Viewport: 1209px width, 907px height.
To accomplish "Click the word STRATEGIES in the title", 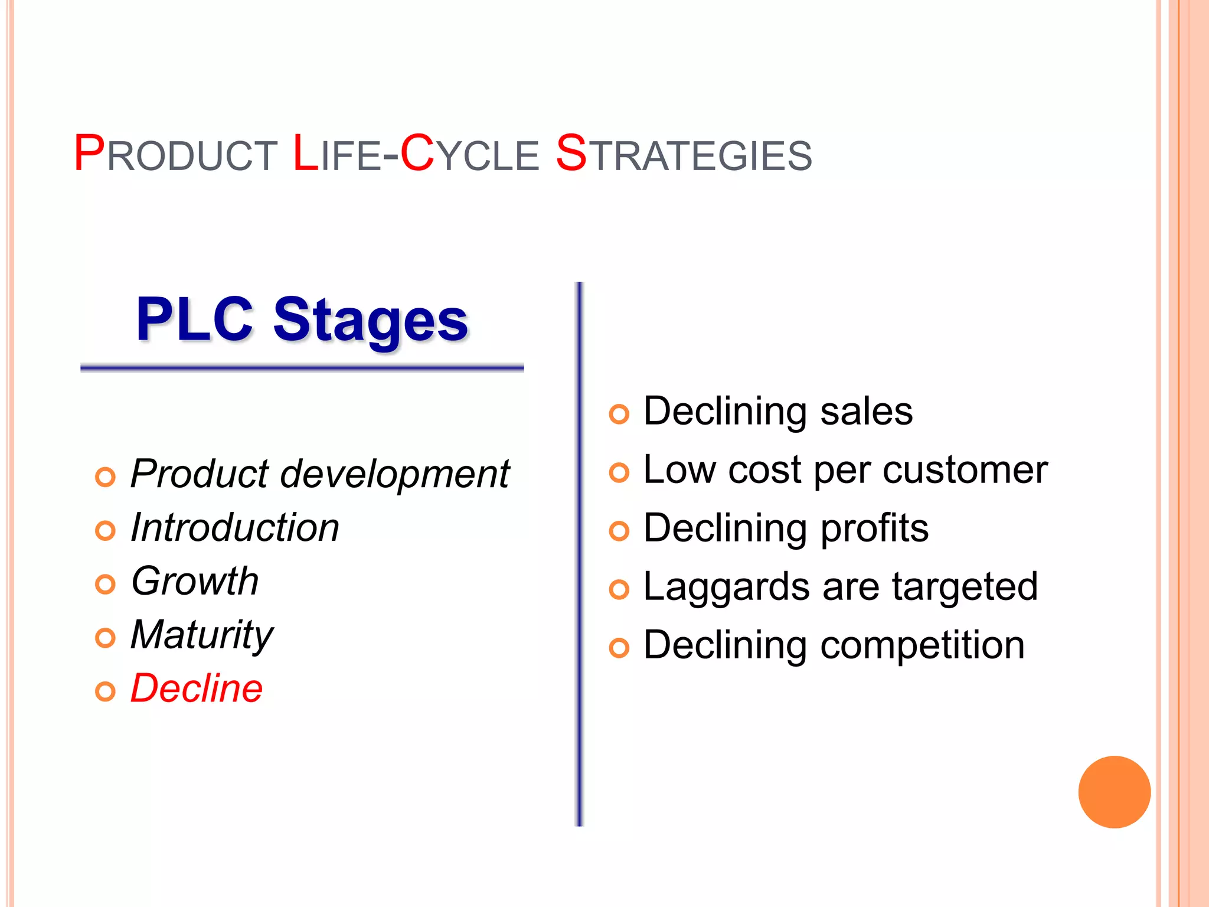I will [x=684, y=155].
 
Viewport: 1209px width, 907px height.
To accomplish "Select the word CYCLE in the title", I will [x=469, y=155].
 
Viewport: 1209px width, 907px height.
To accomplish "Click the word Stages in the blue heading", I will [x=370, y=320].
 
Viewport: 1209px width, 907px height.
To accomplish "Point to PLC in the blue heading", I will [x=194, y=320].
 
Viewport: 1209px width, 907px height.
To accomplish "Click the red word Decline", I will [x=196, y=689].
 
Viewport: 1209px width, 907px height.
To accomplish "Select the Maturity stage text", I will [x=201, y=635].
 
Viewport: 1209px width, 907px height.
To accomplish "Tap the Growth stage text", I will [x=195, y=581].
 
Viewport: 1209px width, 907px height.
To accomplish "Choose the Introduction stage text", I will [x=234, y=527].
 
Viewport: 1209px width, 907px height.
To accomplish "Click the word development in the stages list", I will [x=394, y=474].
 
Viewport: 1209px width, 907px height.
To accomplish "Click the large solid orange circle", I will [x=1114, y=792].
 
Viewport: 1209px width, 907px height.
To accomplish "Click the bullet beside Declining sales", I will [x=619, y=414].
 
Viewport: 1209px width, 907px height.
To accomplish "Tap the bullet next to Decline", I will [x=105, y=691].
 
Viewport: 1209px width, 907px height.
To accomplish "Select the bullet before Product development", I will [x=105, y=477].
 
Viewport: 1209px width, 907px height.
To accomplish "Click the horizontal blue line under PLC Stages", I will [x=302, y=368].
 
